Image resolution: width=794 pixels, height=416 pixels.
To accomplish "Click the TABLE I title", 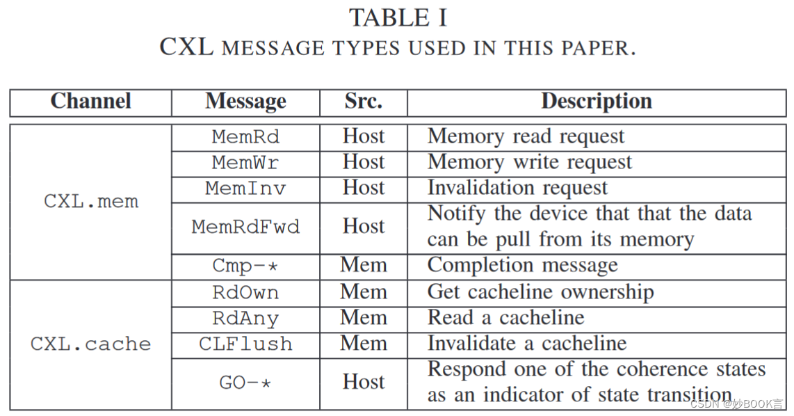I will pyautogui.click(x=398, y=17).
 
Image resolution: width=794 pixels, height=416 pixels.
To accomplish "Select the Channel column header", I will pyautogui.click(x=90, y=102).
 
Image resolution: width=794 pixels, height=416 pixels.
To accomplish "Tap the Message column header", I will pyautogui.click(x=245, y=102).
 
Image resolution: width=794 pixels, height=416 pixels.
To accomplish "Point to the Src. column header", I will pyautogui.click(x=363, y=102).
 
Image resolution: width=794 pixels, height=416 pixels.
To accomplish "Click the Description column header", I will pyautogui.click(x=597, y=102).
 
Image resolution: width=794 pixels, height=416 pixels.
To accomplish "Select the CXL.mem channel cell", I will pyautogui.click(x=91, y=202).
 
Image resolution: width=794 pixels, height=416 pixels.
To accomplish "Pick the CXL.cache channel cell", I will pyautogui.click(x=91, y=344).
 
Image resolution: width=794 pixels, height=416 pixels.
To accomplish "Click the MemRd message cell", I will pyautogui.click(x=245, y=137).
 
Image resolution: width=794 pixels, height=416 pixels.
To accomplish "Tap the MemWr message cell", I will pyautogui.click(x=245, y=163).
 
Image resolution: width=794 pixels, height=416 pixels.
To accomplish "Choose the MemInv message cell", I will pyautogui.click(x=245, y=189).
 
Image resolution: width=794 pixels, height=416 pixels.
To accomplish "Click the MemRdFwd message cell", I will pyautogui.click(x=245, y=227).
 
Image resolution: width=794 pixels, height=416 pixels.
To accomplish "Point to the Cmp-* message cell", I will pyautogui.click(x=245, y=266).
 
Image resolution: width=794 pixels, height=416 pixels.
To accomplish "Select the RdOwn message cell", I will pyautogui.click(x=245, y=293).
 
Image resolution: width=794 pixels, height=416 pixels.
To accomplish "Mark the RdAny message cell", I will pyautogui.click(x=245, y=319).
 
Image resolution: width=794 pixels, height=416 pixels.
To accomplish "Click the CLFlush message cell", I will pyautogui.click(x=245, y=344).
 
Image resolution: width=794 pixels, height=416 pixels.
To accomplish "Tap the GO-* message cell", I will pyautogui.click(x=245, y=383).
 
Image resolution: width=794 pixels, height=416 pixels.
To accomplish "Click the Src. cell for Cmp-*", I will pyautogui.click(x=363, y=266).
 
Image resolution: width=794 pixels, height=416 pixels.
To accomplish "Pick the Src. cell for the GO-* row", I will pyautogui.click(x=363, y=382).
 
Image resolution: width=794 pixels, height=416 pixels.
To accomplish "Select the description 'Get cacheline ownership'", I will pyautogui.click(x=540, y=292).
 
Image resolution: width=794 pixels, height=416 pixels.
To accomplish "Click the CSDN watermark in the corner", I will pyautogui.click(x=738, y=404).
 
